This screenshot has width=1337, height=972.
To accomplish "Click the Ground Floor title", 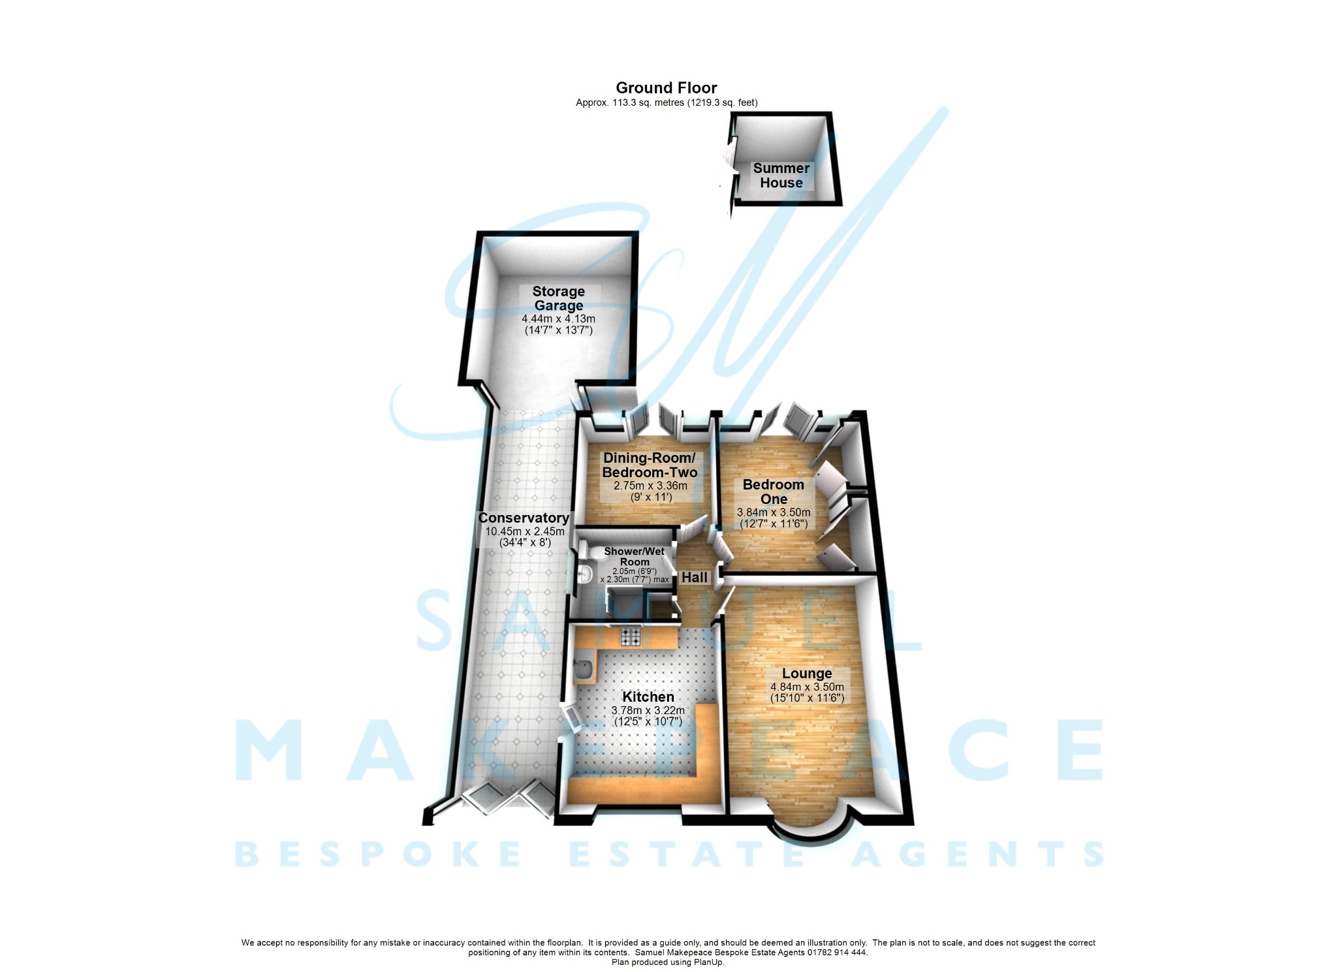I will coord(666,88).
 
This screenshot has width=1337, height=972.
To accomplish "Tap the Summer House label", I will coord(781,176).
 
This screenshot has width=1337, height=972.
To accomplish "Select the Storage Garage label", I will coord(558,298).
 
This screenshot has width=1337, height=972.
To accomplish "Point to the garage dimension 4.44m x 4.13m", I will coord(558,319).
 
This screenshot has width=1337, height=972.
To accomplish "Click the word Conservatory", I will coord(524,518).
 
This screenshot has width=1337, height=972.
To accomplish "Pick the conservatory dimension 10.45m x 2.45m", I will coord(524,531).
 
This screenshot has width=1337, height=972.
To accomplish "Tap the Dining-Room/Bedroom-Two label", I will coord(650,465).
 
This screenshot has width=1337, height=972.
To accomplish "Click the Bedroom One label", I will coord(774,492).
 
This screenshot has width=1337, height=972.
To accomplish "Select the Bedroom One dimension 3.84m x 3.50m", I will coord(774,512).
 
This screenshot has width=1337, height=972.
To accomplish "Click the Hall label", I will coord(695,578).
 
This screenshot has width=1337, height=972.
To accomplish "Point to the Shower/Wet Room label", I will coord(634,556).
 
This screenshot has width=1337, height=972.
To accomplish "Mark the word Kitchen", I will coord(648,697).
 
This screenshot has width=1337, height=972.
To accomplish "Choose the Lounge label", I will coord(807,674).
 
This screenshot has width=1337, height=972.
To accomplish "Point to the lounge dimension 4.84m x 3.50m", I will coord(807,687).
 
